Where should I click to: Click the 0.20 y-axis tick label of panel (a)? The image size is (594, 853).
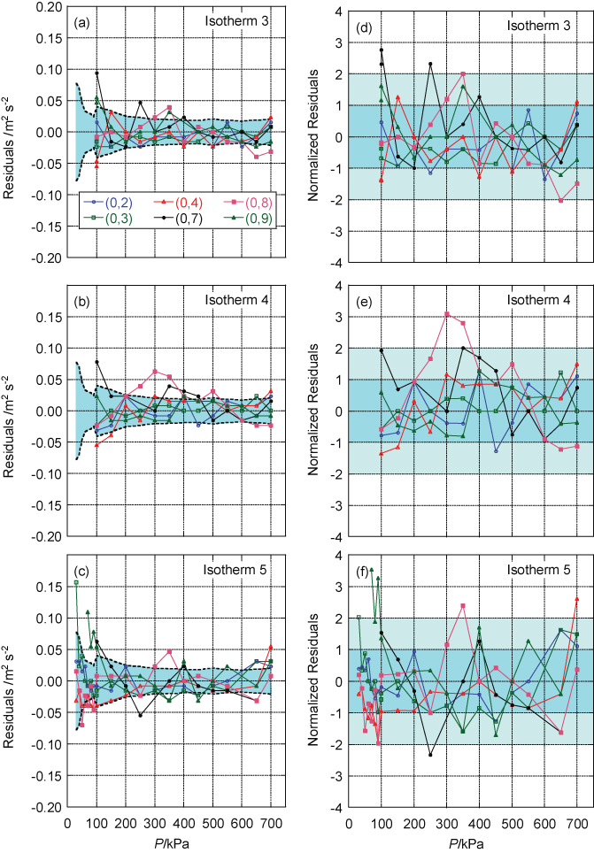pyautogui.click(x=44, y=7)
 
